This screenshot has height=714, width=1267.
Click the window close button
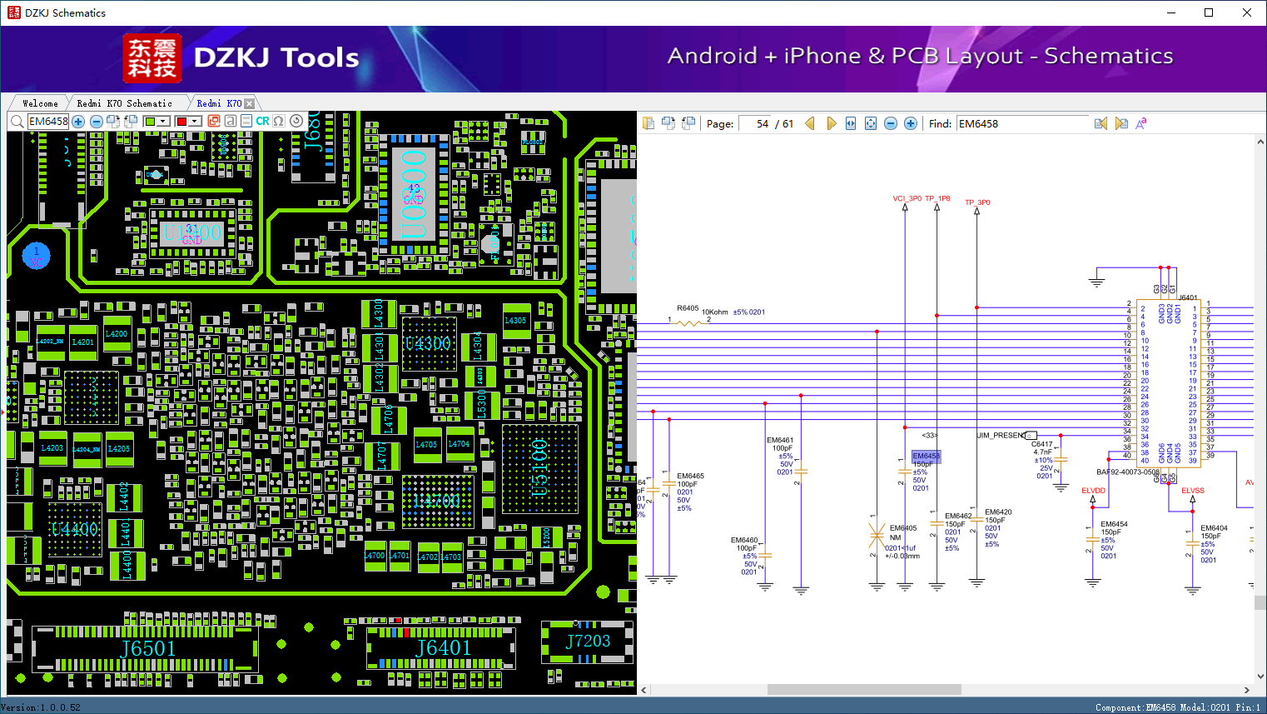tap(1246, 12)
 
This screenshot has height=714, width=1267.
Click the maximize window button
tap(1209, 12)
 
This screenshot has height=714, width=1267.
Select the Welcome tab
tap(40, 103)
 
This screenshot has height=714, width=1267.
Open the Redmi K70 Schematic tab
tap(124, 103)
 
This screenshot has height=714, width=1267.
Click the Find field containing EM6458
tap(1022, 123)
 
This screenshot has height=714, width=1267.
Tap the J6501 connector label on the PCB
tap(148, 649)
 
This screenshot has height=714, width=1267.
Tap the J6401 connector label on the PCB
tap(444, 648)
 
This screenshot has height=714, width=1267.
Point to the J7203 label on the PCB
tap(588, 641)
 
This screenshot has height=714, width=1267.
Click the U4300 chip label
tap(427, 343)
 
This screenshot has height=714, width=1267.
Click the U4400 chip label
tap(74, 529)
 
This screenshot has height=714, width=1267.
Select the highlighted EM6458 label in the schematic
tap(926, 456)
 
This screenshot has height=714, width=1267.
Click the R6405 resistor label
tap(688, 308)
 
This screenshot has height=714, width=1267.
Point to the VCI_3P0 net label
tap(907, 198)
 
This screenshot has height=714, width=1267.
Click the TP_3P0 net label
tap(977, 202)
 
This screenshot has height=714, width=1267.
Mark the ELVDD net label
tap(1093, 491)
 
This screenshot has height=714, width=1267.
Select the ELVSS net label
tap(1192, 491)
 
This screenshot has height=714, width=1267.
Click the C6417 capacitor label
tap(1041, 444)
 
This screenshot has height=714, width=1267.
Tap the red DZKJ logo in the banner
tap(152, 58)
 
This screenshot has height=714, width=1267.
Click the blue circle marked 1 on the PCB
tap(36, 256)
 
